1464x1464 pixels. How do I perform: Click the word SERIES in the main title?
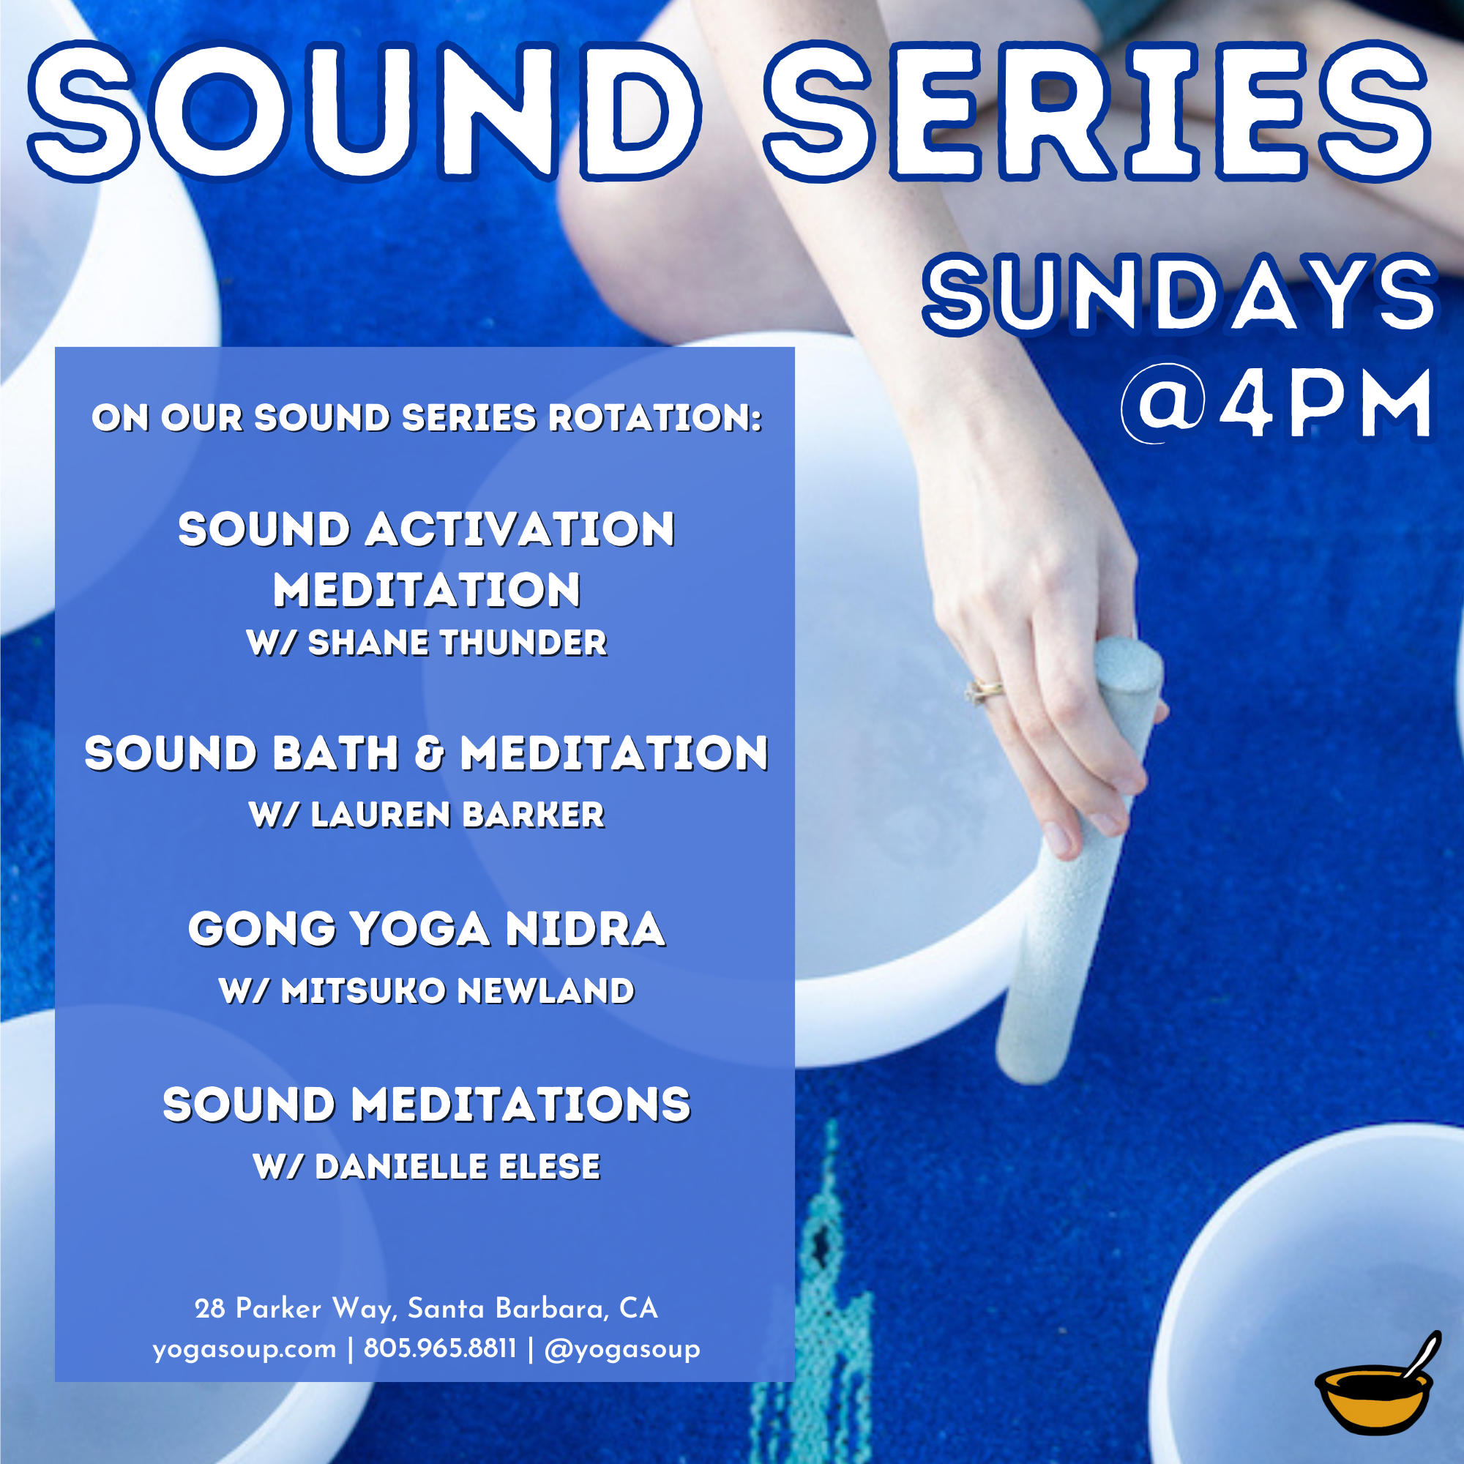click(x=1097, y=111)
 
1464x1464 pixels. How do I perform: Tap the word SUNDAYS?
click(x=1181, y=295)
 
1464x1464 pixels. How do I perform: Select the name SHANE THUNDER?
click(x=457, y=643)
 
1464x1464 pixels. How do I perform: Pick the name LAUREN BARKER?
click(x=457, y=815)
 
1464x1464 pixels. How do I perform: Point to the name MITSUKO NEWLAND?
click(x=457, y=991)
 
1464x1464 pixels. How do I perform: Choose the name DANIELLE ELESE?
click(x=457, y=1167)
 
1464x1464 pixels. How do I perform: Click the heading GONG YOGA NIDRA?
click(x=427, y=930)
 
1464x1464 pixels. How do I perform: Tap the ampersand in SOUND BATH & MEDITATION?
click(x=430, y=754)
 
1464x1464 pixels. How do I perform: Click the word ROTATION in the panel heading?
click(x=655, y=418)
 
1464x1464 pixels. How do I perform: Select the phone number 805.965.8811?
click(x=439, y=1348)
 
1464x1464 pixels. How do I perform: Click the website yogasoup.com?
click(x=244, y=1350)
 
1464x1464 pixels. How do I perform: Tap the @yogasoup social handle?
click(x=622, y=1350)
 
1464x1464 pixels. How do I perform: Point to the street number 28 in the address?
click(x=210, y=1309)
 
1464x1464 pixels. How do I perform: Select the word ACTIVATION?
click(x=520, y=530)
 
